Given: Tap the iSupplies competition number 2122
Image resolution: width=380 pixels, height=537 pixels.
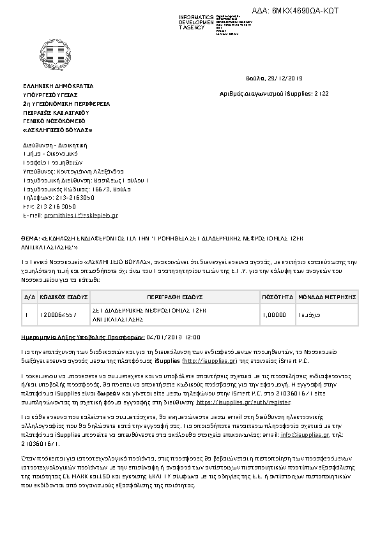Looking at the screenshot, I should pos(322,93).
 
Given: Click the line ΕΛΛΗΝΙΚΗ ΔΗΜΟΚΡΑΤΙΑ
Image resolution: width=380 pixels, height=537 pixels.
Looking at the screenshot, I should pos(58,85).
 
